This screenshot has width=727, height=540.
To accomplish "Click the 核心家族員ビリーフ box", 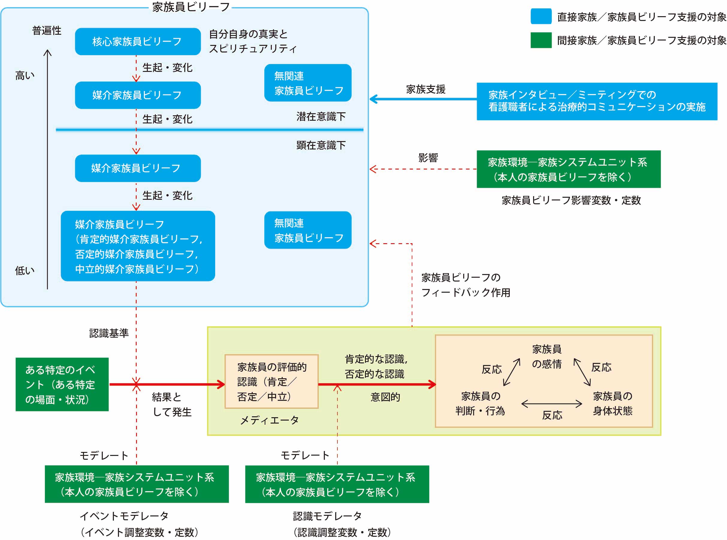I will click(137, 42).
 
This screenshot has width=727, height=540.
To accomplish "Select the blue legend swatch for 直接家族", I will click(541, 16).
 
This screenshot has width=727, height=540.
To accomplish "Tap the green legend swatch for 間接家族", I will click(541, 40).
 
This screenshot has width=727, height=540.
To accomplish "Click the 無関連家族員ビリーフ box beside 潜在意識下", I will click(308, 83).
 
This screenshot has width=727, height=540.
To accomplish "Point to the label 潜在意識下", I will click(321, 117).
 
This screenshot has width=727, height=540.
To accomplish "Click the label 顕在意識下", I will click(321, 145).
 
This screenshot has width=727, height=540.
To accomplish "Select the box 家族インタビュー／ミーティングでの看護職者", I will click(597, 101).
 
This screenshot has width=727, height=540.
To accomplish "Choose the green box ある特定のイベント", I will click(62, 384).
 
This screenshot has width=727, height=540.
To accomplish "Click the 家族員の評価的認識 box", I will click(272, 382).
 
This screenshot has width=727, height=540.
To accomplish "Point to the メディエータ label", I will click(269, 420).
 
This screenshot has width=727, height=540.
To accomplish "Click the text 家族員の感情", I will click(547, 357).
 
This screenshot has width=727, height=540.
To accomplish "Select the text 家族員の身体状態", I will click(613, 403).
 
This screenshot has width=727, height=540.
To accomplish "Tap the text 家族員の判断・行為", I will click(480, 403).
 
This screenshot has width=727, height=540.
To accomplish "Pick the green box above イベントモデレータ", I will click(137, 484).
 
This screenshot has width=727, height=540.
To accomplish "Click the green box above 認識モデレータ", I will click(337, 484).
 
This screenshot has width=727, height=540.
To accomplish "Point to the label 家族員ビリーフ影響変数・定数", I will click(571, 200).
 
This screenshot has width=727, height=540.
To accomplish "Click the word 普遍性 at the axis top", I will click(47, 31).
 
